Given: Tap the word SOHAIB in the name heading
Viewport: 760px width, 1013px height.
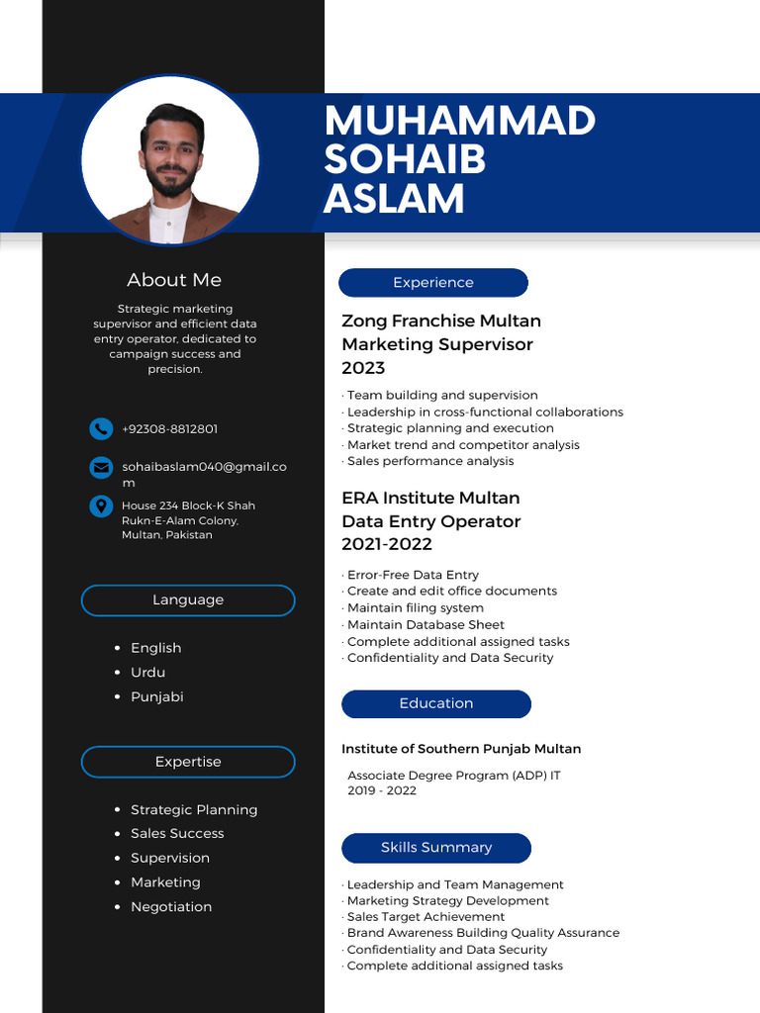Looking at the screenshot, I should point(405,159).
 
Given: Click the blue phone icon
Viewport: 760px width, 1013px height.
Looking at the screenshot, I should point(100,428).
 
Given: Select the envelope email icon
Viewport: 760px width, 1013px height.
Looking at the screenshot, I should point(100,467).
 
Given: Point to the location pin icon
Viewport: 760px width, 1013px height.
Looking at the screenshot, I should point(100,506).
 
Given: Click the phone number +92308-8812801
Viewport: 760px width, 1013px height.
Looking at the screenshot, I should point(169,429).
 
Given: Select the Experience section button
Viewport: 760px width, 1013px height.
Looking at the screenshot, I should point(433,283).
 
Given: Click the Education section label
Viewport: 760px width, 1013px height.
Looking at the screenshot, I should point(436,703).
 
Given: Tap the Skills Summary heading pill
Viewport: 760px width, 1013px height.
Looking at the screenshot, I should point(436,848).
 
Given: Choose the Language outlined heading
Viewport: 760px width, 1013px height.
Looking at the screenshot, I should point(188,600).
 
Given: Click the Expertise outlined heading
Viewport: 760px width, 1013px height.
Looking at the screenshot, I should point(188,762).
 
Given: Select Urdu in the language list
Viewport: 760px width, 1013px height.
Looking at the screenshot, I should point(147,673).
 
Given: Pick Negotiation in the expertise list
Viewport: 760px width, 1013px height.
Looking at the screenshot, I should point(171,907).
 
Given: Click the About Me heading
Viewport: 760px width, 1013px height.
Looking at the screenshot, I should point(174,280).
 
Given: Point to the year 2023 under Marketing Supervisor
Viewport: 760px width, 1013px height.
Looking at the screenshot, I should point(363,368).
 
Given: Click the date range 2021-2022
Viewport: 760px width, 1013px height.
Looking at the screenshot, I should point(387,544).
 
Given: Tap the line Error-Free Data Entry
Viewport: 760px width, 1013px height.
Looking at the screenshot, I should point(413,575).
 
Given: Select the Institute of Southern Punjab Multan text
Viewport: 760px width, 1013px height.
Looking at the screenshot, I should point(461,749).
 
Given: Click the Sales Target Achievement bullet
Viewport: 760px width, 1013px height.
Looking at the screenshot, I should point(426,917).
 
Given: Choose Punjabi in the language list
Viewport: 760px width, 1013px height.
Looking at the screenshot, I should point(156,696).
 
